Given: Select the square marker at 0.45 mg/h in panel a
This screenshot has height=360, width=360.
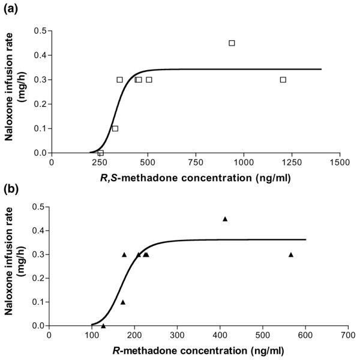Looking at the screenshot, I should pos(232,43).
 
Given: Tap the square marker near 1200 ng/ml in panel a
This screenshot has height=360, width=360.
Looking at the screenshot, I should pos(283,80).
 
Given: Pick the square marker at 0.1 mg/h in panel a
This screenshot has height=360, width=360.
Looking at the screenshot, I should pos(115,128).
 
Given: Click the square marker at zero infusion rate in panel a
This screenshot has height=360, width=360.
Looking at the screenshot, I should pos(100,153).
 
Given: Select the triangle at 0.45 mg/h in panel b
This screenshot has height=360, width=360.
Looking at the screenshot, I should pos(225,219).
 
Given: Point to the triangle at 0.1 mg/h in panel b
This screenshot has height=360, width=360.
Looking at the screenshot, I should pos(123,302).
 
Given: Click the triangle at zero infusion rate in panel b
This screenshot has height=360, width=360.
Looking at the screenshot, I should pos(103,326).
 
